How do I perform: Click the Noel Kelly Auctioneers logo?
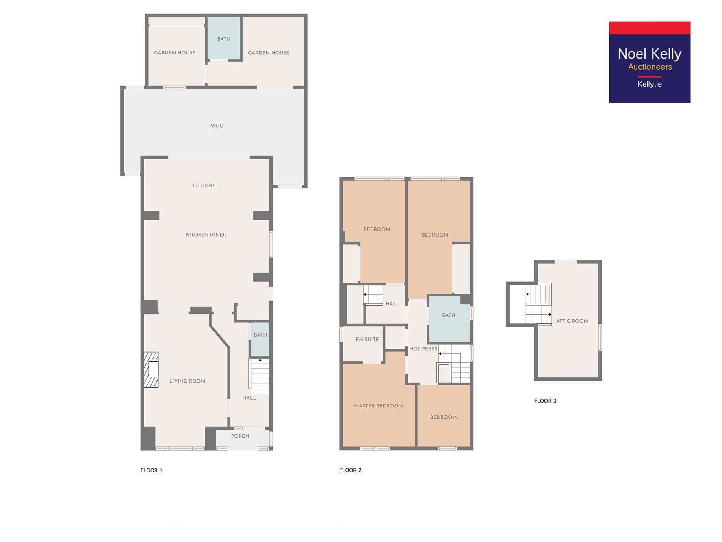[x=649, y=62]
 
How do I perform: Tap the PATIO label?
[x=216, y=126]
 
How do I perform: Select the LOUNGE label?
[x=204, y=185]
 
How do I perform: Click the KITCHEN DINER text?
[x=206, y=235]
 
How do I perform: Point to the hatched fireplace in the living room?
[x=151, y=370]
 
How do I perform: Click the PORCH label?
[x=240, y=436]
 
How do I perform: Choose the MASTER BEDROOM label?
[x=378, y=406]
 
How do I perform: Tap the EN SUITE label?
[x=367, y=340]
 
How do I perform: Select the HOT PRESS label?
[x=423, y=349]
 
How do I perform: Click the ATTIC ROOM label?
[x=572, y=321]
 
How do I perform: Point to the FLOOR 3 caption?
[x=545, y=401]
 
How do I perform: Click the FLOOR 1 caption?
[x=152, y=470]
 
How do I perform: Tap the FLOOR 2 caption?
[x=350, y=470]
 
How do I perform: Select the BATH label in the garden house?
[x=224, y=39]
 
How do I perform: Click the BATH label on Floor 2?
[x=449, y=315]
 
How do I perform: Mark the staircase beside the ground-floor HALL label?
[x=259, y=376]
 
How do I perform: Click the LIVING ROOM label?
[x=187, y=381]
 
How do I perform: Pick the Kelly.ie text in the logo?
[x=650, y=84]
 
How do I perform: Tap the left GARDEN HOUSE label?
[x=175, y=53]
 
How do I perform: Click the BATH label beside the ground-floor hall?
[x=260, y=335]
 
